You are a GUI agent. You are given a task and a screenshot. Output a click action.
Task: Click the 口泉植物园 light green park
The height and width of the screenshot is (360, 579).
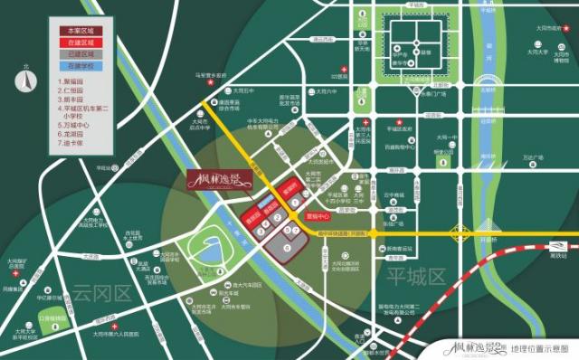pos(53,318)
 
